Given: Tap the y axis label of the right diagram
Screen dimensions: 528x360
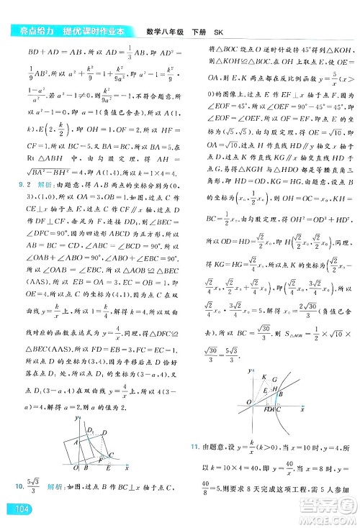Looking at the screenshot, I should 250,370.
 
